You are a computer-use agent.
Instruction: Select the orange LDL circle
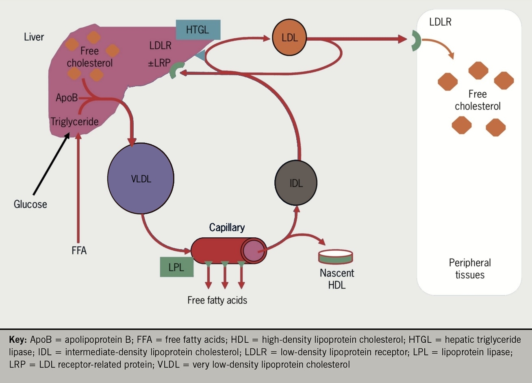(x=289, y=38)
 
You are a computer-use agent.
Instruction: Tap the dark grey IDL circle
(x=296, y=183)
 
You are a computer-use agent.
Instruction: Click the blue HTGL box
(x=198, y=30)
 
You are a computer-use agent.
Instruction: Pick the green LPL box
(x=176, y=267)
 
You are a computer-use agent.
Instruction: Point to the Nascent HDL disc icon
(x=335, y=256)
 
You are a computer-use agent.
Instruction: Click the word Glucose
(x=30, y=204)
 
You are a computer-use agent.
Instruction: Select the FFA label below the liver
(x=79, y=250)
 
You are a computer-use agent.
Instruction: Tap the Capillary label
(x=227, y=227)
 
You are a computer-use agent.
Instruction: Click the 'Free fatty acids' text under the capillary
(x=217, y=300)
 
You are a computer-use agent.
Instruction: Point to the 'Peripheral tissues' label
(x=470, y=269)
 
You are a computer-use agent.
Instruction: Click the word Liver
(x=34, y=37)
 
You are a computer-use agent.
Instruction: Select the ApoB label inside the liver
(x=67, y=98)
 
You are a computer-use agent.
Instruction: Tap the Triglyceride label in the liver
(x=74, y=121)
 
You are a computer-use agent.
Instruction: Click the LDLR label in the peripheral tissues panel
(x=440, y=22)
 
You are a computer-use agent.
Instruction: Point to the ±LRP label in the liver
(x=159, y=63)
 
